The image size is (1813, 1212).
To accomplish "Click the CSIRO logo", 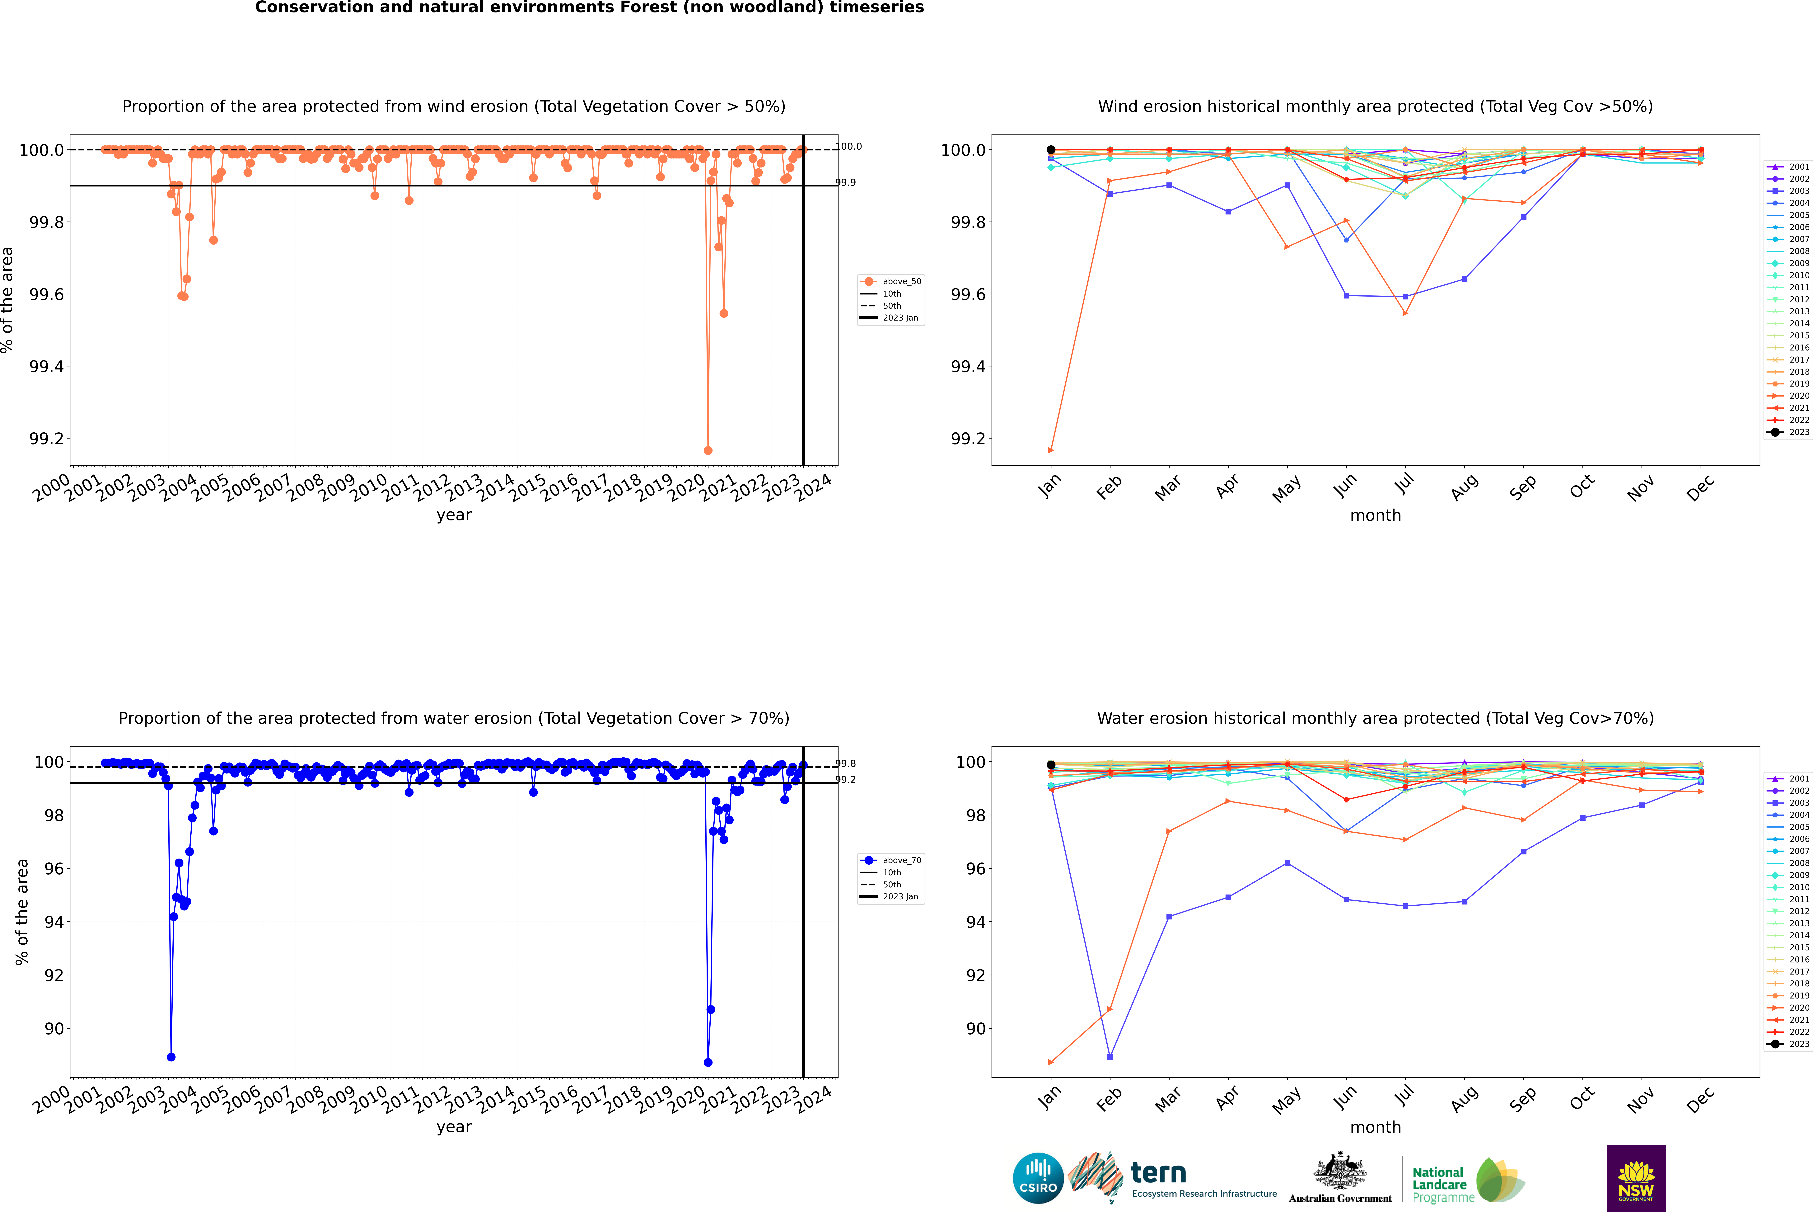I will tap(1038, 1178).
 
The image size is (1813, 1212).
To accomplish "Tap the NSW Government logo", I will tap(1636, 1178).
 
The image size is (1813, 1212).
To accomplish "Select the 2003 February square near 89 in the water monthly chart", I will tap(1110, 1057).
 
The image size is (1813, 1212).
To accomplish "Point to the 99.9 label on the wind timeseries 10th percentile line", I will tap(845, 182).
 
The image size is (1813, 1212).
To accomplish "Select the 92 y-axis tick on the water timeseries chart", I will tap(54, 975).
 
